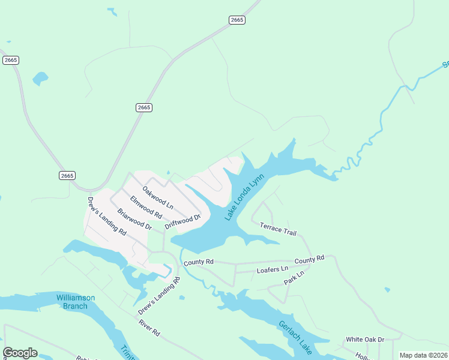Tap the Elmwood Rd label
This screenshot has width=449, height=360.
point(146,206)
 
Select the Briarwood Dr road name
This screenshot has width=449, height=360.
point(134,218)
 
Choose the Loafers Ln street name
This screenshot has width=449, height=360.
point(273,270)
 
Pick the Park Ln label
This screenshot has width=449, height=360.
point(294,277)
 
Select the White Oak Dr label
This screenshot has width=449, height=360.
point(365,340)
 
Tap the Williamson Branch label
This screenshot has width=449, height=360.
point(72,302)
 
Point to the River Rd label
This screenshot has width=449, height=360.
point(149,328)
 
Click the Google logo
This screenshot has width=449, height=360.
point(20,353)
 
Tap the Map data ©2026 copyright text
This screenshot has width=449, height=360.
point(423,355)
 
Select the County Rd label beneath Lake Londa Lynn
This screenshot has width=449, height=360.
point(199,262)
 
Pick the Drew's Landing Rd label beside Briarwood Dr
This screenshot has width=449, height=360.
point(107,215)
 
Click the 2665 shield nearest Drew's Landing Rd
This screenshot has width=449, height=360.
point(67,175)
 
